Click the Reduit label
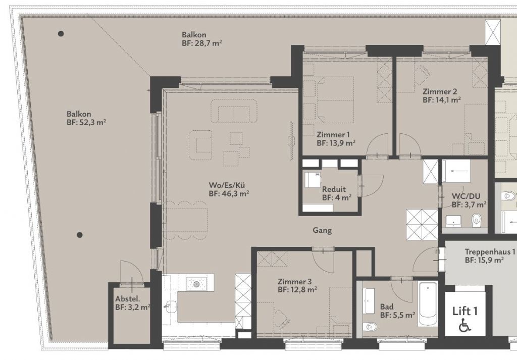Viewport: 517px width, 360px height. (x=334, y=189)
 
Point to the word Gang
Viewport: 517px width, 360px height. (x=322, y=230)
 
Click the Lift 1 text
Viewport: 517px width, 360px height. (x=465, y=311)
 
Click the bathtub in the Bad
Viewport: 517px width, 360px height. (x=428, y=304)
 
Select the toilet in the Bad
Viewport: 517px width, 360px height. (x=370, y=327)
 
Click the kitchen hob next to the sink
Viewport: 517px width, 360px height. (x=196, y=284)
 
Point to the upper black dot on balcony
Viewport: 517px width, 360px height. (x=61, y=34)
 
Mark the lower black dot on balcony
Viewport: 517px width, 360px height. (x=79, y=235)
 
